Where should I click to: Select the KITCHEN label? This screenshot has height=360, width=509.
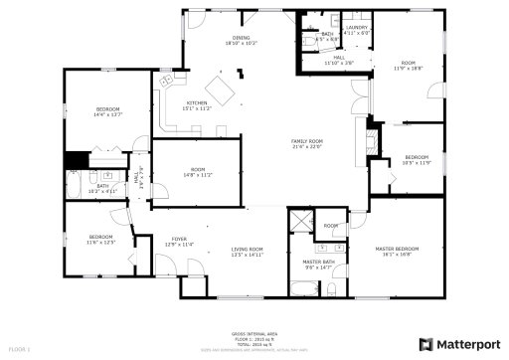197,103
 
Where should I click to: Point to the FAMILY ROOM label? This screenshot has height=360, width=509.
306,141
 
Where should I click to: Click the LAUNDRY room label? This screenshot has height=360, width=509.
356,27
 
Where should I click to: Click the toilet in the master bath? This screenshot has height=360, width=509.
335,286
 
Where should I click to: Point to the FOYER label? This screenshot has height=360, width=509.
179,239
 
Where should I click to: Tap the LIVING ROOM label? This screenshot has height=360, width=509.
247,249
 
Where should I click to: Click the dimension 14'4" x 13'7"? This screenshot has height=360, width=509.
107,114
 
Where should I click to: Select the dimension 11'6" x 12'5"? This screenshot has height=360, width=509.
101,243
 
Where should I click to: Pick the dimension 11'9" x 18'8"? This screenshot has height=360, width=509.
408,69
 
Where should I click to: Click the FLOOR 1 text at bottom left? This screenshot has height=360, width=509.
20,349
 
